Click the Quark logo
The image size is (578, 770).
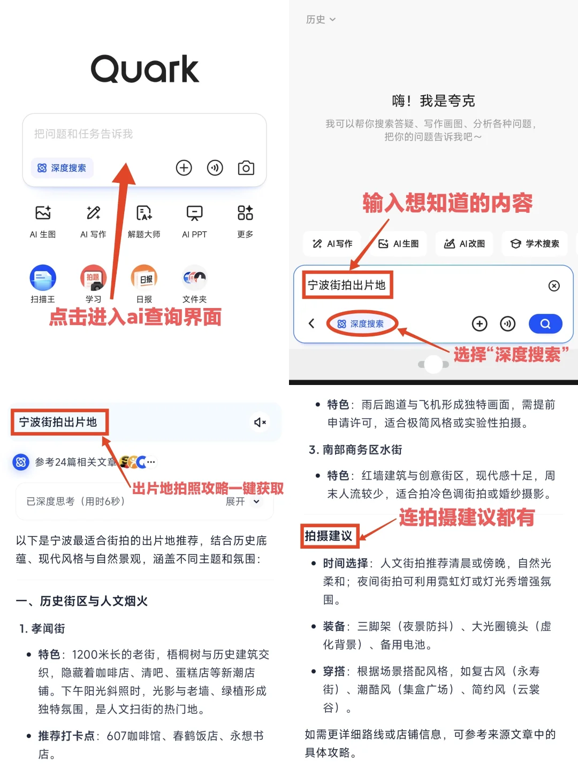(x=145, y=69)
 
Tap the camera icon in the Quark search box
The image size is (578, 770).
(x=246, y=168)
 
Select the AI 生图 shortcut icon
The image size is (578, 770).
(x=43, y=213)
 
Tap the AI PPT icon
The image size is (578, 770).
(x=194, y=213)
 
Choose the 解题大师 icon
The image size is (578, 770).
(x=144, y=213)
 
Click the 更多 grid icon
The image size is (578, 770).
(x=245, y=213)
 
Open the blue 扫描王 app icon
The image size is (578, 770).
(x=43, y=278)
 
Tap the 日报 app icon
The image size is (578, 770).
(x=144, y=278)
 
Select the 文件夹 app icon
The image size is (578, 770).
(x=194, y=278)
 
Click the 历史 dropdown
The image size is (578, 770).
(x=321, y=19)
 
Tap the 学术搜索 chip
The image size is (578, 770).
(x=535, y=243)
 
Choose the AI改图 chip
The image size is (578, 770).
(x=465, y=243)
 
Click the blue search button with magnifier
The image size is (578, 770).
(x=545, y=324)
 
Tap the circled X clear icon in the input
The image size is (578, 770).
(x=554, y=286)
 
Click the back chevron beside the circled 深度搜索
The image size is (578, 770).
(x=311, y=324)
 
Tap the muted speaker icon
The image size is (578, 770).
(x=260, y=422)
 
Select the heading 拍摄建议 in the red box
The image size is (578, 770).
(x=329, y=536)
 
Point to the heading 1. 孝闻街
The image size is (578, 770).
(x=42, y=629)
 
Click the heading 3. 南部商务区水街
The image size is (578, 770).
(x=355, y=450)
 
